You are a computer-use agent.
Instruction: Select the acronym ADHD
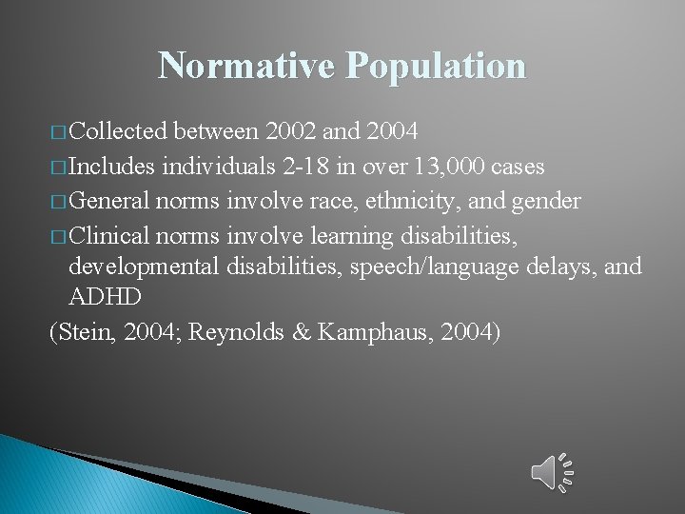[x=105, y=297]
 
